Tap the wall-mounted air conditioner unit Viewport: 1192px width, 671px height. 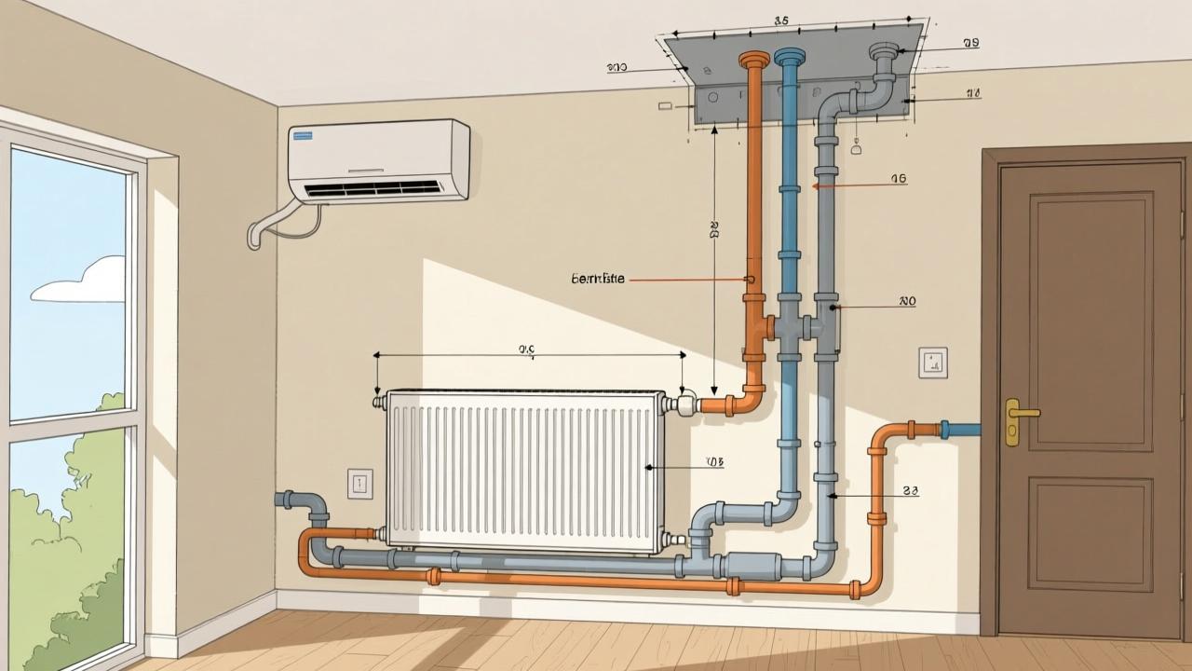(378, 159)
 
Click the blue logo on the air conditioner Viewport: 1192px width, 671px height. (305, 137)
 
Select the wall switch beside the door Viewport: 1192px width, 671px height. (932, 363)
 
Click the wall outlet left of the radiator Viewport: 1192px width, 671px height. (359, 483)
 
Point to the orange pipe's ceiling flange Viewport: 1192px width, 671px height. (754, 60)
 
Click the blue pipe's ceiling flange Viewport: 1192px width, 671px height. (790, 57)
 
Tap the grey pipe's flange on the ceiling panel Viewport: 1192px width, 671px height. (884, 52)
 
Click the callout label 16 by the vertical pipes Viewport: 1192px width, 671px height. (898, 179)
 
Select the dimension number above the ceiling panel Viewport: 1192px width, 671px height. (781, 20)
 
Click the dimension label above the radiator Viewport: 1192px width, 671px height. (527, 349)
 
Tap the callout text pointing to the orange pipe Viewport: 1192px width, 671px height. (597, 279)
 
